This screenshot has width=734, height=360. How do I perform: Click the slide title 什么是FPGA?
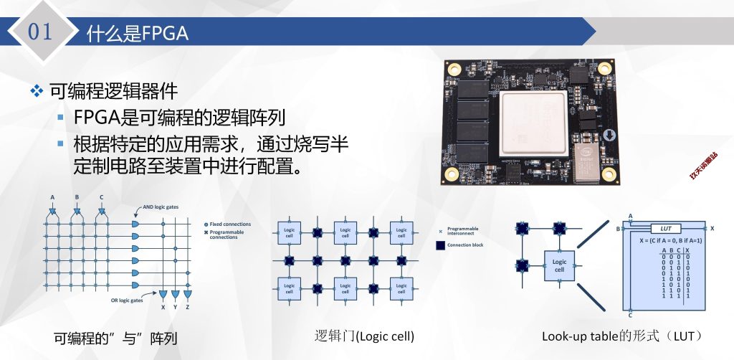[137, 34]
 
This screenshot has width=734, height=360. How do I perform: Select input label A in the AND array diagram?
[52, 197]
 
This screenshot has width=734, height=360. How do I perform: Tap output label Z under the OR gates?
[188, 307]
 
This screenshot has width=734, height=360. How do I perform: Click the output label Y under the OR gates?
[176, 307]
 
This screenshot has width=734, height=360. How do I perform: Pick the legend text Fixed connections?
[230, 224]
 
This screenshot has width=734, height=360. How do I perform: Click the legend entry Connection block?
[464, 245]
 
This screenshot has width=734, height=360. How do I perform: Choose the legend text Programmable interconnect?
[463, 231]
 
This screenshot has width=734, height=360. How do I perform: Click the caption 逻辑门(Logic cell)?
[365, 336]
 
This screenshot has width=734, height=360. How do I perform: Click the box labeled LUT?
[665, 228]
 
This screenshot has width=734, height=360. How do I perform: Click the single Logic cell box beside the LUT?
[560, 265]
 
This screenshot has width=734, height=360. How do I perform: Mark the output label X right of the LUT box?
[712, 228]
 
